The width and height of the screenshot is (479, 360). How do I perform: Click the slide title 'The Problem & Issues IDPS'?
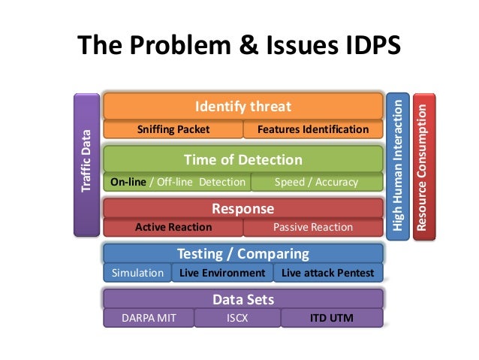(x=239, y=47)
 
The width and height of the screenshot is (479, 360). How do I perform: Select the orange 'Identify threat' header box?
(x=243, y=107)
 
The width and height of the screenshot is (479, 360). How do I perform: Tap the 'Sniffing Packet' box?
(x=173, y=129)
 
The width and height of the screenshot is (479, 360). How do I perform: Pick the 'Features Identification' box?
(x=313, y=129)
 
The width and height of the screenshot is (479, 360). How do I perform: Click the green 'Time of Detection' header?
(x=243, y=159)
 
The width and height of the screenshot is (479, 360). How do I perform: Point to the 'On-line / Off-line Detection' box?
(x=178, y=182)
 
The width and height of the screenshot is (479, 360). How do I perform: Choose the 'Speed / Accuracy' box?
(x=316, y=182)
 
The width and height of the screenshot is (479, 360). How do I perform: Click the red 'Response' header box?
(x=243, y=208)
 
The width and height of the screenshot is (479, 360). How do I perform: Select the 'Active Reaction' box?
(x=173, y=227)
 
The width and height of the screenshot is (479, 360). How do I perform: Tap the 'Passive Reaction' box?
(x=313, y=227)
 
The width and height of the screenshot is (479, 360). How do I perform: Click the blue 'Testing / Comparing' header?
(x=243, y=253)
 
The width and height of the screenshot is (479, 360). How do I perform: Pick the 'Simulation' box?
(x=137, y=273)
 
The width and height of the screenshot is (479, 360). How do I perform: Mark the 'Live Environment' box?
(x=222, y=273)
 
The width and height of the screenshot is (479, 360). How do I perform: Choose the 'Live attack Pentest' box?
(x=327, y=273)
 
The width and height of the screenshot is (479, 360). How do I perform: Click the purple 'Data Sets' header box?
(x=243, y=299)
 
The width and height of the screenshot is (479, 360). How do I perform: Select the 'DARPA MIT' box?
(x=149, y=318)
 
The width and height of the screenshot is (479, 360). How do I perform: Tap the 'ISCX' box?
(x=237, y=318)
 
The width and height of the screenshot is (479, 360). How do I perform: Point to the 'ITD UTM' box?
(x=332, y=318)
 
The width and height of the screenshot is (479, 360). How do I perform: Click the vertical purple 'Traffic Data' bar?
(x=86, y=164)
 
